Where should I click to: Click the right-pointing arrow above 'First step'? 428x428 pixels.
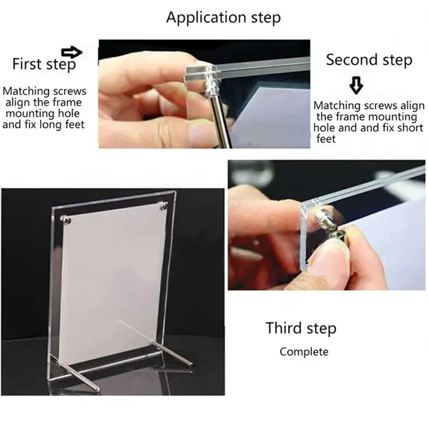click(x=72, y=52)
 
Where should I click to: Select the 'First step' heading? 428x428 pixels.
click(x=44, y=65)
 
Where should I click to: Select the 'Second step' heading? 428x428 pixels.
click(x=369, y=59)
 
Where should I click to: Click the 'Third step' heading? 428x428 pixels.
click(x=301, y=327)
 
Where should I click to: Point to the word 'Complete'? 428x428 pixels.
click(x=304, y=351)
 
